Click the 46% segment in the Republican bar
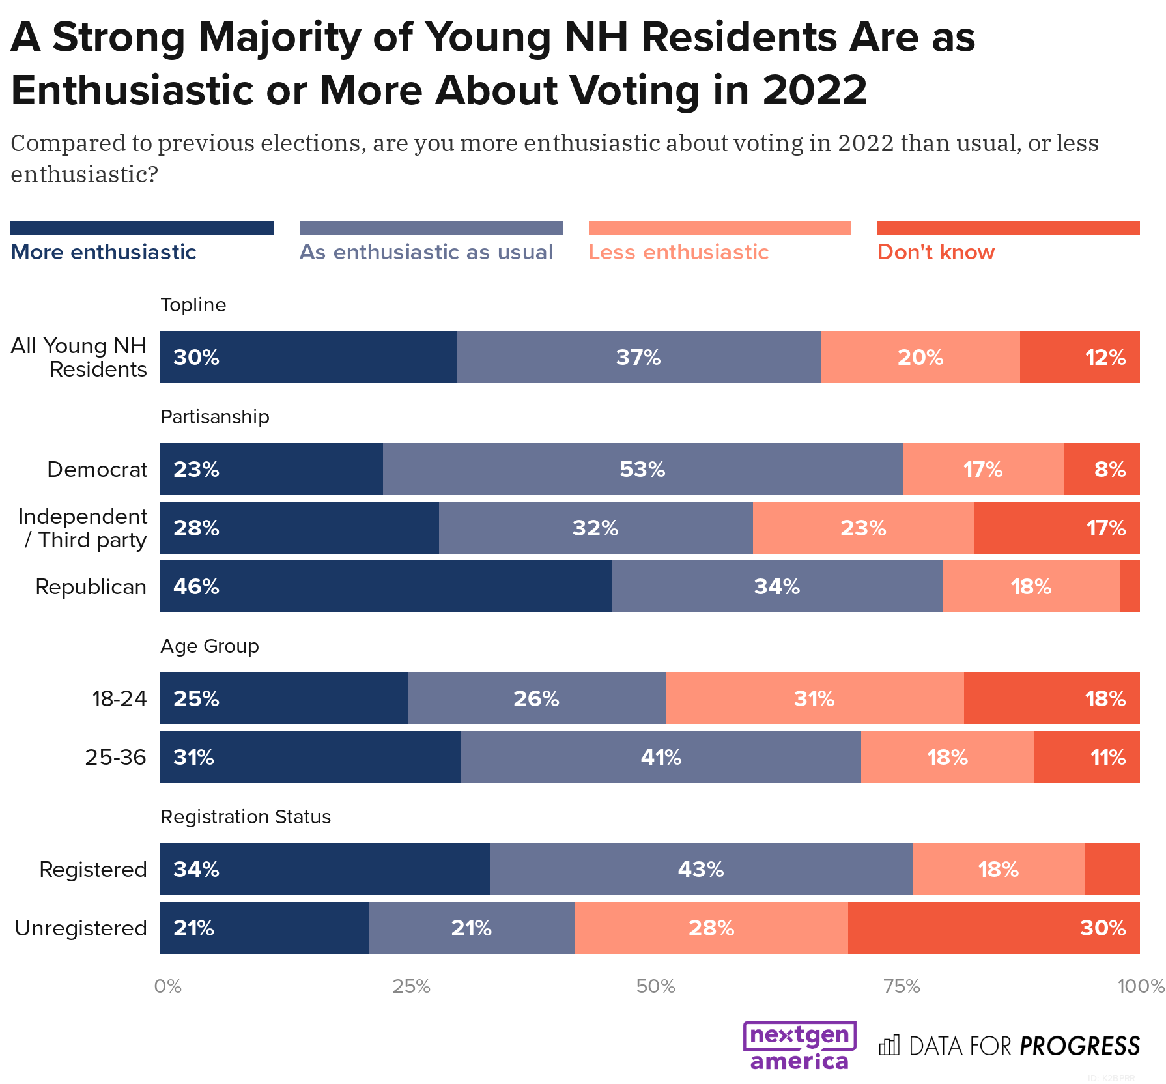[x=386, y=586]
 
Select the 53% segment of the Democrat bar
[x=642, y=469]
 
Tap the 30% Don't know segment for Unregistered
[x=993, y=928]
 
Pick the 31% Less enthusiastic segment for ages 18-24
[x=814, y=698]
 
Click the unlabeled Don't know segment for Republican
[x=1130, y=586]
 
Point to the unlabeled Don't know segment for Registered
[x=1112, y=869]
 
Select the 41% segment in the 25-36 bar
[x=661, y=757]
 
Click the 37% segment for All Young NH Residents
[x=638, y=357]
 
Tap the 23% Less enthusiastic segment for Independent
[x=863, y=528]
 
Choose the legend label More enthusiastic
[x=104, y=252]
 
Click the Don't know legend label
[x=935, y=252]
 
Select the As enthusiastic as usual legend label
[x=426, y=252]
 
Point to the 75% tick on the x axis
[x=902, y=986]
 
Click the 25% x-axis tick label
[x=411, y=986]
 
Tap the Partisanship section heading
[x=214, y=417]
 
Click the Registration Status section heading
[x=245, y=817]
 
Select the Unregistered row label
[x=81, y=928]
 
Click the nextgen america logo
[x=799, y=1046]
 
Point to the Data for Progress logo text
[x=1023, y=1046]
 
